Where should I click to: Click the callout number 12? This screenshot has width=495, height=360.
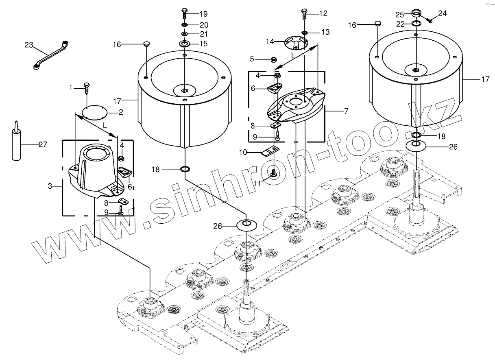pos(323,13)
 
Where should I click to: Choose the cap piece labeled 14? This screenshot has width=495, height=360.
pos(296,42)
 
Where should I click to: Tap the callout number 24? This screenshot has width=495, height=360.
pos(442,13)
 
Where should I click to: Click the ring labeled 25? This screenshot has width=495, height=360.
pos(416,13)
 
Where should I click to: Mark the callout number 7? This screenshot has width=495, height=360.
pos(346,110)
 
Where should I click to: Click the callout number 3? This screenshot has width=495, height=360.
pos(50,186)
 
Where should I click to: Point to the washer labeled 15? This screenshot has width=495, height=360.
pos(185,44)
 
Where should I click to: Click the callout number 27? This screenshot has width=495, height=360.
pos(43,144)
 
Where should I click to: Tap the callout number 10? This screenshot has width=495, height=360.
pos(243,153)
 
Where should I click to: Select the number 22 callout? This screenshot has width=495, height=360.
pos(401,24)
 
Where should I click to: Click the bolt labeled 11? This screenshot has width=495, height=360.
pos(274,173)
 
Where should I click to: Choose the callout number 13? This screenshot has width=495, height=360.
pos(325,32)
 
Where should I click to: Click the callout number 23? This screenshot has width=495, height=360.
pos(28,45)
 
